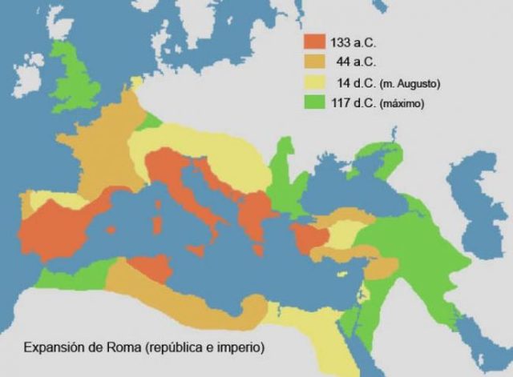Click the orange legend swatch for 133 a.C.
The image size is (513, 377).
coord(313,42)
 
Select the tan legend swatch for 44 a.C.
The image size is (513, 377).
coord(313,62)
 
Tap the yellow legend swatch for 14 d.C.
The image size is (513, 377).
coord(313,82)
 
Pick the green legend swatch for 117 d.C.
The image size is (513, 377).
coord(313,103)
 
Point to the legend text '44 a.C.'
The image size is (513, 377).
coord(350,62)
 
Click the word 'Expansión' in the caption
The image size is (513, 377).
coord(54,348)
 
